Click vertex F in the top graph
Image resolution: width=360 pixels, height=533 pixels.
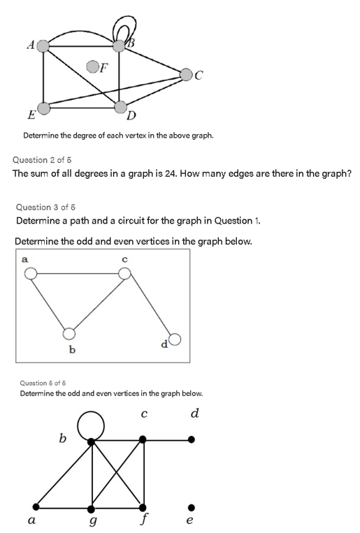(x=92, y=66)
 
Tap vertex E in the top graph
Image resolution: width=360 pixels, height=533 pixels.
(x=43, y=108)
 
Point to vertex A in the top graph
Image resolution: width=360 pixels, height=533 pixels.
(x=43, y=46)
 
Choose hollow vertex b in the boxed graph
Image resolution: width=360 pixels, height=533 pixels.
(x=69, y=333)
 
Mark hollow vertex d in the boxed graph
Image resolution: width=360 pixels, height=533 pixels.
(x=175, y=340)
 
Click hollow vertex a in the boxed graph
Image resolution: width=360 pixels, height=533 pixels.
(x=31, y=273)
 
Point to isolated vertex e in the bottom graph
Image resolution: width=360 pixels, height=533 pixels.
(x=191, y=507)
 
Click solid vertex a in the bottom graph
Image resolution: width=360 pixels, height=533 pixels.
(x=36, y=507)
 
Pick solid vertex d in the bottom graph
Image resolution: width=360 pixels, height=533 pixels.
(x=191, y=440)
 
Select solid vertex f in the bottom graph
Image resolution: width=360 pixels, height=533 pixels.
(x=143, y=507)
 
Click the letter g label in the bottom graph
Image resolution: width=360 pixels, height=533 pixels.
(x=92, y=520)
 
